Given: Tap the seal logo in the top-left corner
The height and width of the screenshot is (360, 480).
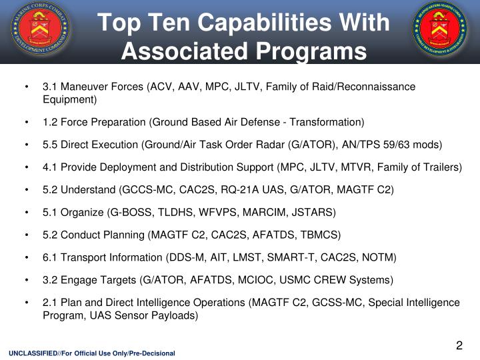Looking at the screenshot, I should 40,31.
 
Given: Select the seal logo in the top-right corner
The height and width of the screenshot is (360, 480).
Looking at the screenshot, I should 442,31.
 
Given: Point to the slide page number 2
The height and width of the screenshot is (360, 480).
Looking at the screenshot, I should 459,345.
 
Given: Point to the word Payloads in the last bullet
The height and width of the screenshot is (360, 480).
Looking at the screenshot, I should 175,315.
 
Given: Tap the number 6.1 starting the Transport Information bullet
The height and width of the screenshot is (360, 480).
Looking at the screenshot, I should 50,258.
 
